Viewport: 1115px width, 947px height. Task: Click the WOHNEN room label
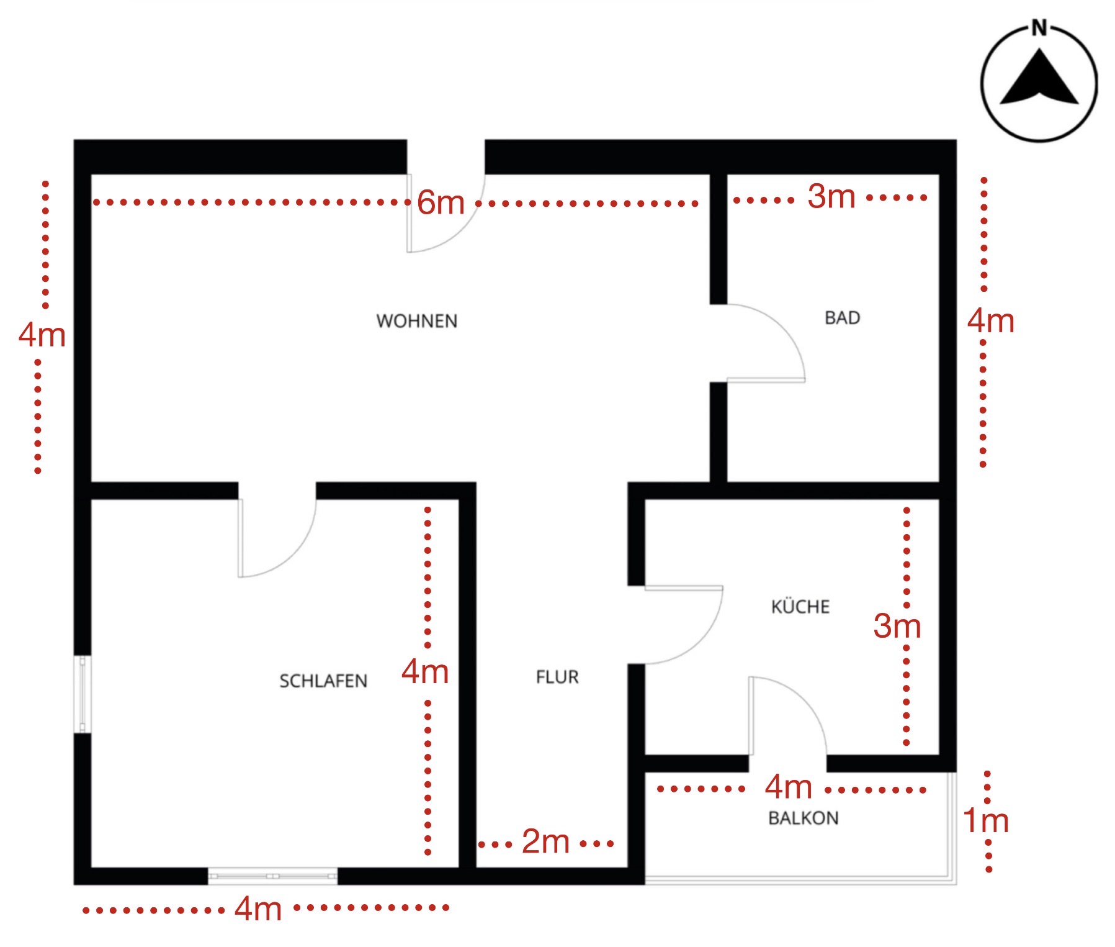click(x=417, y=321)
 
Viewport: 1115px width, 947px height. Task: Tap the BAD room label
click(x=842, y=318)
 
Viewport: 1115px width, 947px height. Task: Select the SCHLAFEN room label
click(x=323, y=681)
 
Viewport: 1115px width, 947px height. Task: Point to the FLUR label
click(x=557, y=677)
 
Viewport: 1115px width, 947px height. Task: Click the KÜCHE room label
click(x=800, y=606)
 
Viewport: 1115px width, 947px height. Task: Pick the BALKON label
click(x=804, y=818)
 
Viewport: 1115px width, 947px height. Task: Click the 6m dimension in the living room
click(x=441, y=202)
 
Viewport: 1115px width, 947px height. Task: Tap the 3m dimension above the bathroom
click(x=831, y=197)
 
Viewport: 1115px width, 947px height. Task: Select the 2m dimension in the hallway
click(x=545, y=842)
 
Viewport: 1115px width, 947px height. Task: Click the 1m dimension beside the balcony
click(x=986, y=821)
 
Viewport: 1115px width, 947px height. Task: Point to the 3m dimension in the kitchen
click(x=897, y=626)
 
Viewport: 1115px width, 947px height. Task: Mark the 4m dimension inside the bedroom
click(x=425, y=671)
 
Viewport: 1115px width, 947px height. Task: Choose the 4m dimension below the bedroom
click(x=258, y=909)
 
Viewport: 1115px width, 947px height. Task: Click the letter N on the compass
click(x=1039, y=28)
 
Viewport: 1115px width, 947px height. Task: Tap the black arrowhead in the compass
click(x=1039, y=79)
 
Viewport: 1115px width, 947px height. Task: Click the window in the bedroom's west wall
click(x=83, y=694)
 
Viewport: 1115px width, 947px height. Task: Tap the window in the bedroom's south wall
click(x=272, y=876)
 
